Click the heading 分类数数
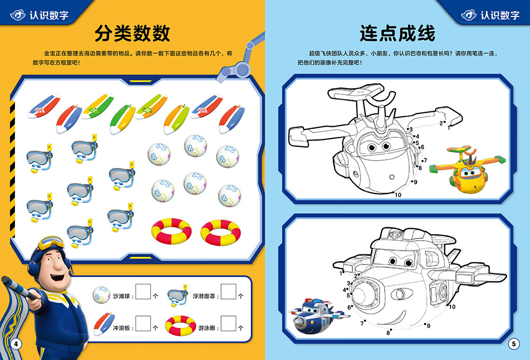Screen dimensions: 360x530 (132, 33)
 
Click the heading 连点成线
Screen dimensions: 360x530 (397, 33)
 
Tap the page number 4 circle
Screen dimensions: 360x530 (16, 344)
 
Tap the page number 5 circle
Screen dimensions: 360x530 (513, 344)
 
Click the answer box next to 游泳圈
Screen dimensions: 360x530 (228, 324)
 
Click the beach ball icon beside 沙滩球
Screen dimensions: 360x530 (101, 294)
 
